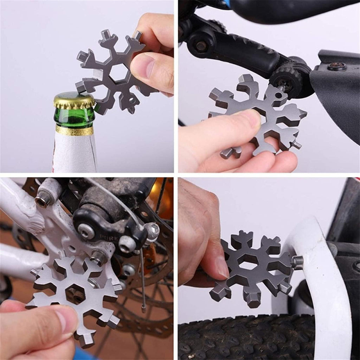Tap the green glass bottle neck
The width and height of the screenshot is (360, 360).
[x=74, y=118]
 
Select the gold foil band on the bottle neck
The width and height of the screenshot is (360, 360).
[x=75, y=130]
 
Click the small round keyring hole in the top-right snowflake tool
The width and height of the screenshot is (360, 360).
[x=279, y=95]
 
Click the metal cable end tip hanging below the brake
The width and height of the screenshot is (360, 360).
[x=143, y=309]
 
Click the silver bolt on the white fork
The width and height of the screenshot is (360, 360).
[x=297, y=262]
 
